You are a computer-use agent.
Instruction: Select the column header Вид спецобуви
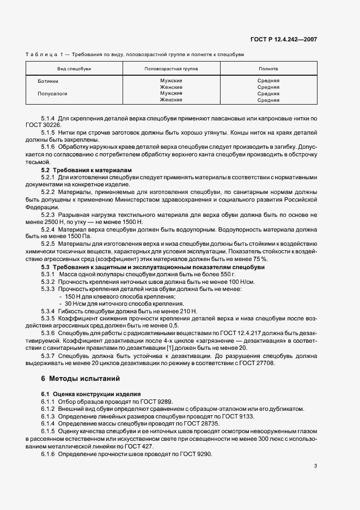[75, 69]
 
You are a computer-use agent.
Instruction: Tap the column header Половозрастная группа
[171, 69]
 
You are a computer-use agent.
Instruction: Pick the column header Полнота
[268, 69]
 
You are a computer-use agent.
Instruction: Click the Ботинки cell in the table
[48, 81]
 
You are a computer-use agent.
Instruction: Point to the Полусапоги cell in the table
[52, 94]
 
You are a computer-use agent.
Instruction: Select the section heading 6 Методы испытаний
[81, 378]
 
